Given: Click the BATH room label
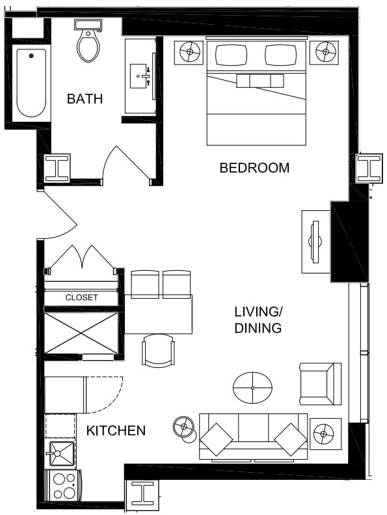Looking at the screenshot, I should pyautogui.click(x=85, y=99).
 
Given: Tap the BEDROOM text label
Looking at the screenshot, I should pyautogui.click(x=254, y=168).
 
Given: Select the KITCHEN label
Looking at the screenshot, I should pyautogui.click(x=116, y=430).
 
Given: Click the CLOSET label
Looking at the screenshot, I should pyautogui.click(x=81, y=298).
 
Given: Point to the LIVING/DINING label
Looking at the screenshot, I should pyautogui.click(x=258, y=320).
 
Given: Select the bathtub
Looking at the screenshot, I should pyautogui.click(x=31, y=83).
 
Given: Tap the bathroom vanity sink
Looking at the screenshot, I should pyautogui.click(x=140, y=76).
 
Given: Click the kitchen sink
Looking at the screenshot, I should pyautogui.click(x=59, y=451).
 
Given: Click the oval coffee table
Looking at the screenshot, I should pyautogui.click(x=252, y=387).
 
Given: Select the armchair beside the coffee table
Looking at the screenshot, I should pyautogui.click(x=319, y=383).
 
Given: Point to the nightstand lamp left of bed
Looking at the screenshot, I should pyautogui.click(x=190, y=51).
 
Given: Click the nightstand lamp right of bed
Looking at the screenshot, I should pyautogui.click(x=325, y=51).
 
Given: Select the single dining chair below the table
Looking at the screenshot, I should pyautogui.click(x=158, y=350).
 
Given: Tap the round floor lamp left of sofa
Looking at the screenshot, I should pyautogui.click(x=183, y=428).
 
